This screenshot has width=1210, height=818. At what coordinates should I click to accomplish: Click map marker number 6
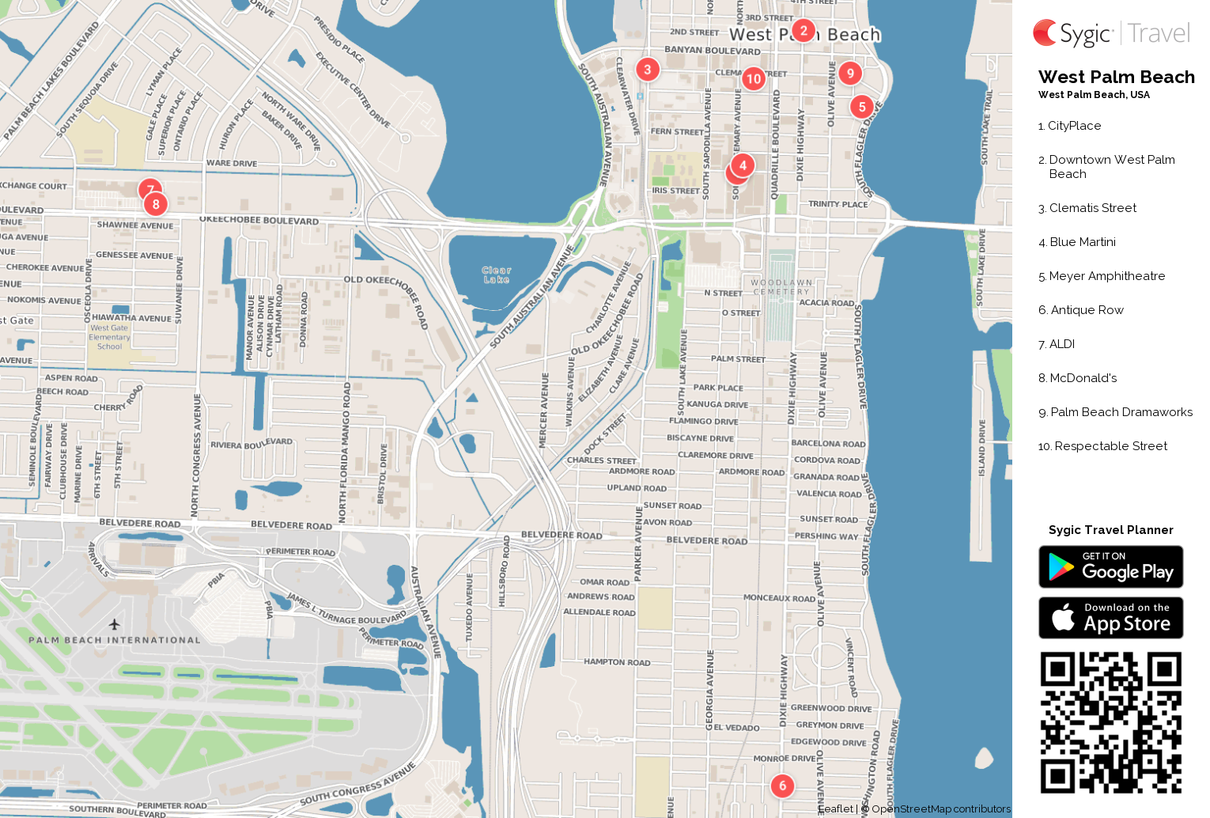pos(782,786)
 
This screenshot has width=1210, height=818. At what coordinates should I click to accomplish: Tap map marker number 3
pos(647,70)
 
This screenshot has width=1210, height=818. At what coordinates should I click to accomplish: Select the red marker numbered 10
pos(753,78)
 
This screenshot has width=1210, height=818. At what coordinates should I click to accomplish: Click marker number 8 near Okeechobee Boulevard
pos(156,204)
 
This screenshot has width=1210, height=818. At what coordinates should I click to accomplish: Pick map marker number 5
pos(861,106)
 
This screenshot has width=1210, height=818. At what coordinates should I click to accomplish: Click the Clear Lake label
pos(497,275)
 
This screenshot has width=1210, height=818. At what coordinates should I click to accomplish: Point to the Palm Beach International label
pos(115,640)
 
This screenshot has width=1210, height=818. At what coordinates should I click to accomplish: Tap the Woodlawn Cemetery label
pos(781,286)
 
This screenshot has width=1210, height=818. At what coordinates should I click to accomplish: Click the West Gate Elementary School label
pos(109,337)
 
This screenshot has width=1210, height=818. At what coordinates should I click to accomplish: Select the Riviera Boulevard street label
pos(251,444)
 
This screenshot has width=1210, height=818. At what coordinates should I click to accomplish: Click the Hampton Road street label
pos(617,662)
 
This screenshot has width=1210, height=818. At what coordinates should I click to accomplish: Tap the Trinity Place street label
pos(838,204)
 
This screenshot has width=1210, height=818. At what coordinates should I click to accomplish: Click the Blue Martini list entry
pos(1082,242)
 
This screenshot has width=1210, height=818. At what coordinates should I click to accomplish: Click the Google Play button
pos(1110,566)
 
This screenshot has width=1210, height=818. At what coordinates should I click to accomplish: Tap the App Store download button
pos(1110,617)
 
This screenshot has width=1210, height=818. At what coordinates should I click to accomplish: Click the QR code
pos(1110,722)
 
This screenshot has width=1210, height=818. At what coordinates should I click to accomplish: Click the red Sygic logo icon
pos(1045,33)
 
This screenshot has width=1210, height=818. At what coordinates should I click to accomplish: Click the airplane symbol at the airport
pos(115,625)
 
